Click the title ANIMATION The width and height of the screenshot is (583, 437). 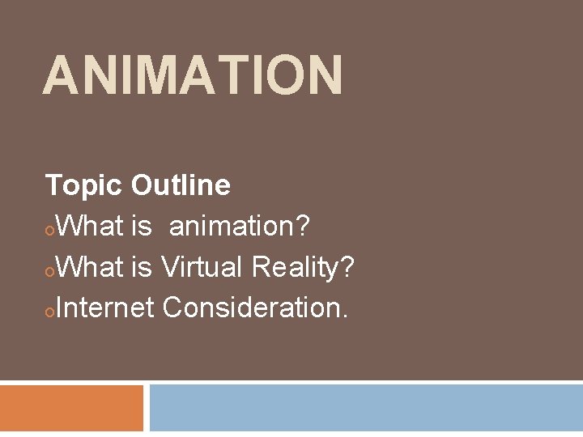193,74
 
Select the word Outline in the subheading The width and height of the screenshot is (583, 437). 181,185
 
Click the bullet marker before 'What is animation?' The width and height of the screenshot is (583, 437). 50,232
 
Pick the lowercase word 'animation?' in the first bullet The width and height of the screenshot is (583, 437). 240,227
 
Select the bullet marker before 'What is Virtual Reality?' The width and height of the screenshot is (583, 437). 50,272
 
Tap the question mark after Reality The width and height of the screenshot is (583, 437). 347,266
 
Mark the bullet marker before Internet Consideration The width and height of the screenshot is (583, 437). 50,312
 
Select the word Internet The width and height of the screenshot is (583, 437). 105,307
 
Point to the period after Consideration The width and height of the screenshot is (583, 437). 345,316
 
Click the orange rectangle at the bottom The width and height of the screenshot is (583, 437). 71,408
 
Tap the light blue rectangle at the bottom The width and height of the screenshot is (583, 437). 366,408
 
